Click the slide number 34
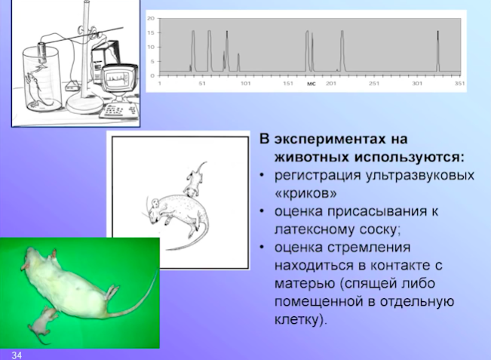pyautogui.click(x=17, y=355)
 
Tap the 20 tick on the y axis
pyautogui.click(x=151, y=18)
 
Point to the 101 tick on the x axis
pyautogui.click(x=246, y=83)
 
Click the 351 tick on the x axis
pyautogui.click(x=459, y=83)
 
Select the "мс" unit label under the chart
pyautogui.click(x=311, y=84)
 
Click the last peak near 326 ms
pyautogui.click(x=437, y=51)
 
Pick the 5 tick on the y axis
pyautogui.click(x=152, y=61)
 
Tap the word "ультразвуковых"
pyautogui.click(x=419, y=175)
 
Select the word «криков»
pyautogui.click(x=305, y=193)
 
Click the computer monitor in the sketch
pyautogui.click(x=120, y=78)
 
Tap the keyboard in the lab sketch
pyautogui.click(x=119, y=110)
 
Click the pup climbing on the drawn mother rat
pyautogui.click(x=194, y=181)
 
